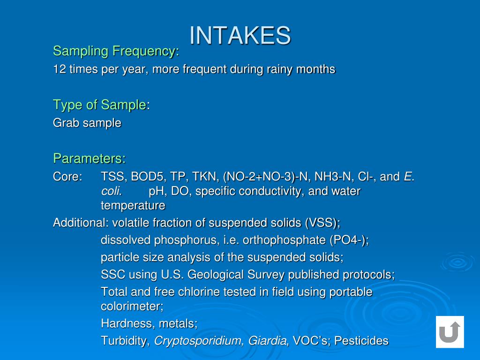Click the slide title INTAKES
(x=240, y=35)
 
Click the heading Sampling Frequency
(x=115, y=51)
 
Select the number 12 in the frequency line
(x=59, y=69)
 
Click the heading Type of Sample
(x=99, y=105)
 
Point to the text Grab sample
(x=87, y=123)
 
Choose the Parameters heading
(x=89, y=158)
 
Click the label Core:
(x=67, y=177)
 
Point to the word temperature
(x=133, y=205)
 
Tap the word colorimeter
(x=131, y=306)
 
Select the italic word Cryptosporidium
(x=199, y=341)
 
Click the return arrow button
(x=450, y=332)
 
